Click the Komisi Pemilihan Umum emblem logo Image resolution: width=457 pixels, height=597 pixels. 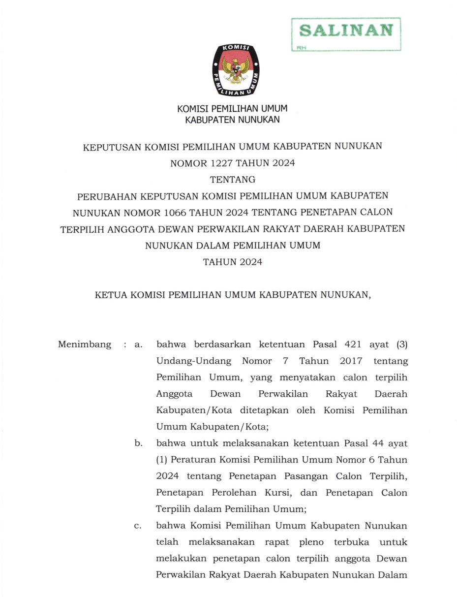tap(236, 70)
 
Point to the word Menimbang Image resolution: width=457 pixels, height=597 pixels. tap(85, 345)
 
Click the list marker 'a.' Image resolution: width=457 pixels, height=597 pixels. tap(138, 345)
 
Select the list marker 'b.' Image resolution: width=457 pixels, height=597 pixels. tap(138, 444)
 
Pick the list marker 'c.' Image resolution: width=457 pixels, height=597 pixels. tap(138, 526)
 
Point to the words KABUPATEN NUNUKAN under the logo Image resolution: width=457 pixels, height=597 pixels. tap(232, 120)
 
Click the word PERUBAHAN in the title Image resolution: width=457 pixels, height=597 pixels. tap(107, 195)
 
